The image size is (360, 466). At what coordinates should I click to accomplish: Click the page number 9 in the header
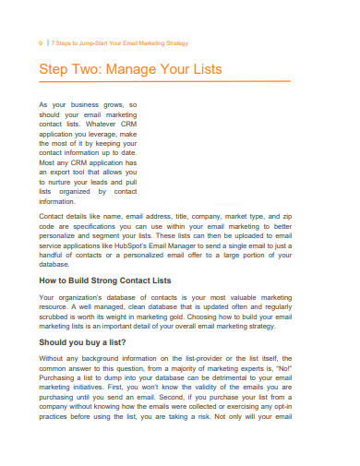pyautogui.click(x=41, y=42)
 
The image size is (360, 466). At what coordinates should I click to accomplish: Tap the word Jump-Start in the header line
pyautogui.click(x=86, y=42)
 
